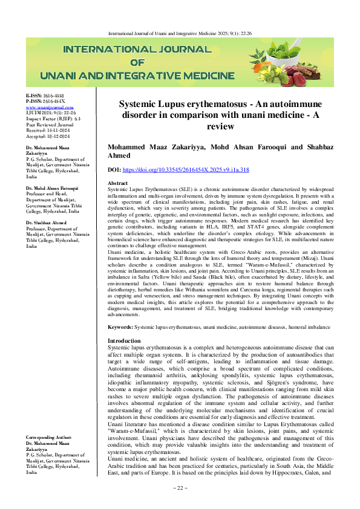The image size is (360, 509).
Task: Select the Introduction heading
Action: click(123, 341)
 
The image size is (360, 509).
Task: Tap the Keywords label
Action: click(120, 326)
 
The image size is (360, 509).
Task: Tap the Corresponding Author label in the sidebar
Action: click(51, 436)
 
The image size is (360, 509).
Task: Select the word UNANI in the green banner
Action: click(71, 77)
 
